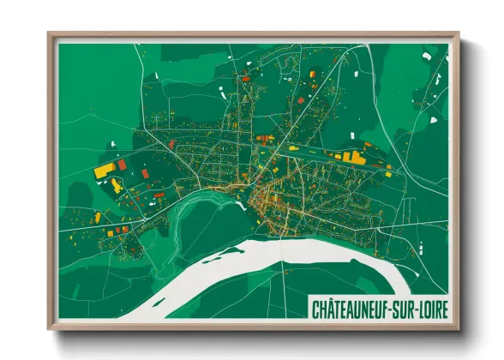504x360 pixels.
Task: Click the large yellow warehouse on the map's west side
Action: pyautogui.click(x=105, y=170)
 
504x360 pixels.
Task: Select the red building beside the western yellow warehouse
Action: pyautogui.click(x=122, y=164)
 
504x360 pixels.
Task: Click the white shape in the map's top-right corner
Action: pyautogui.click(x=426, y=57)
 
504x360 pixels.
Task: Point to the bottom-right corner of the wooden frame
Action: pyautogui.click(x=458, y=328)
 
